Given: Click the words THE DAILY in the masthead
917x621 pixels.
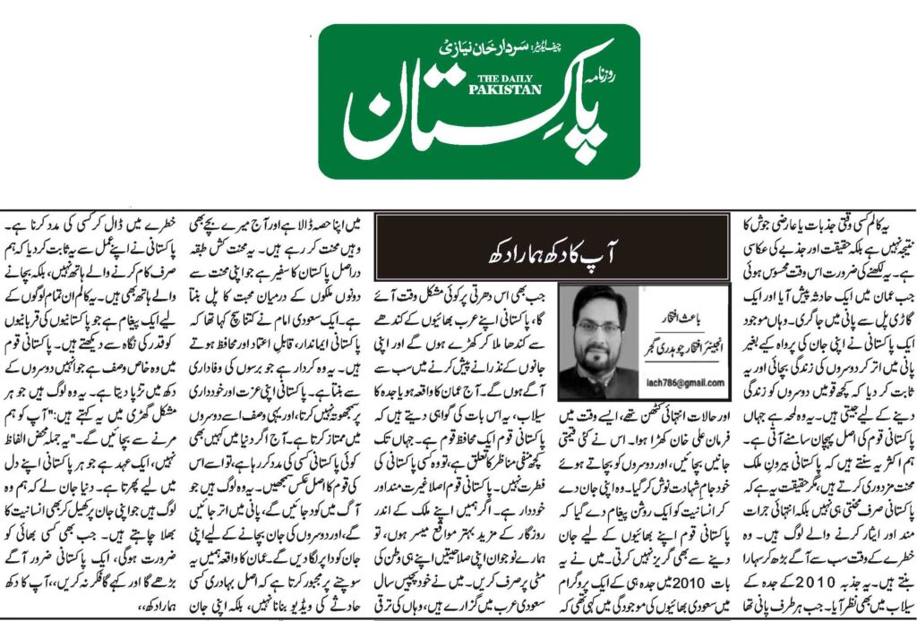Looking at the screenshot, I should (x=491, y=78).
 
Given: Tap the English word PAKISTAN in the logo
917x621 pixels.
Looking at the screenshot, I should (x=491, y=89).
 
